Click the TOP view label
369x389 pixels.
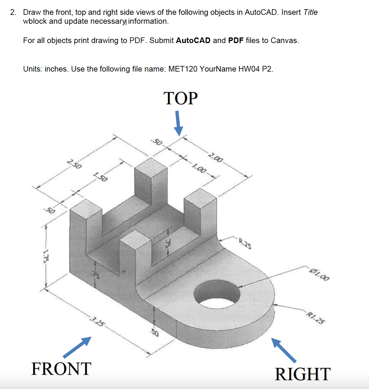(180, 98)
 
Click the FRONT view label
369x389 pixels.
(61, 369)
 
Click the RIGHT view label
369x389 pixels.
(303, 374)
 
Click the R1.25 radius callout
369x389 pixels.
(316, 318)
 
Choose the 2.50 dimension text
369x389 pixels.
(74, 164)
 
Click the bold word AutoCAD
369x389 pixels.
(193, 40)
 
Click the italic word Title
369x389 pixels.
(311, 12)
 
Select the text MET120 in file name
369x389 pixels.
(183, 69)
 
